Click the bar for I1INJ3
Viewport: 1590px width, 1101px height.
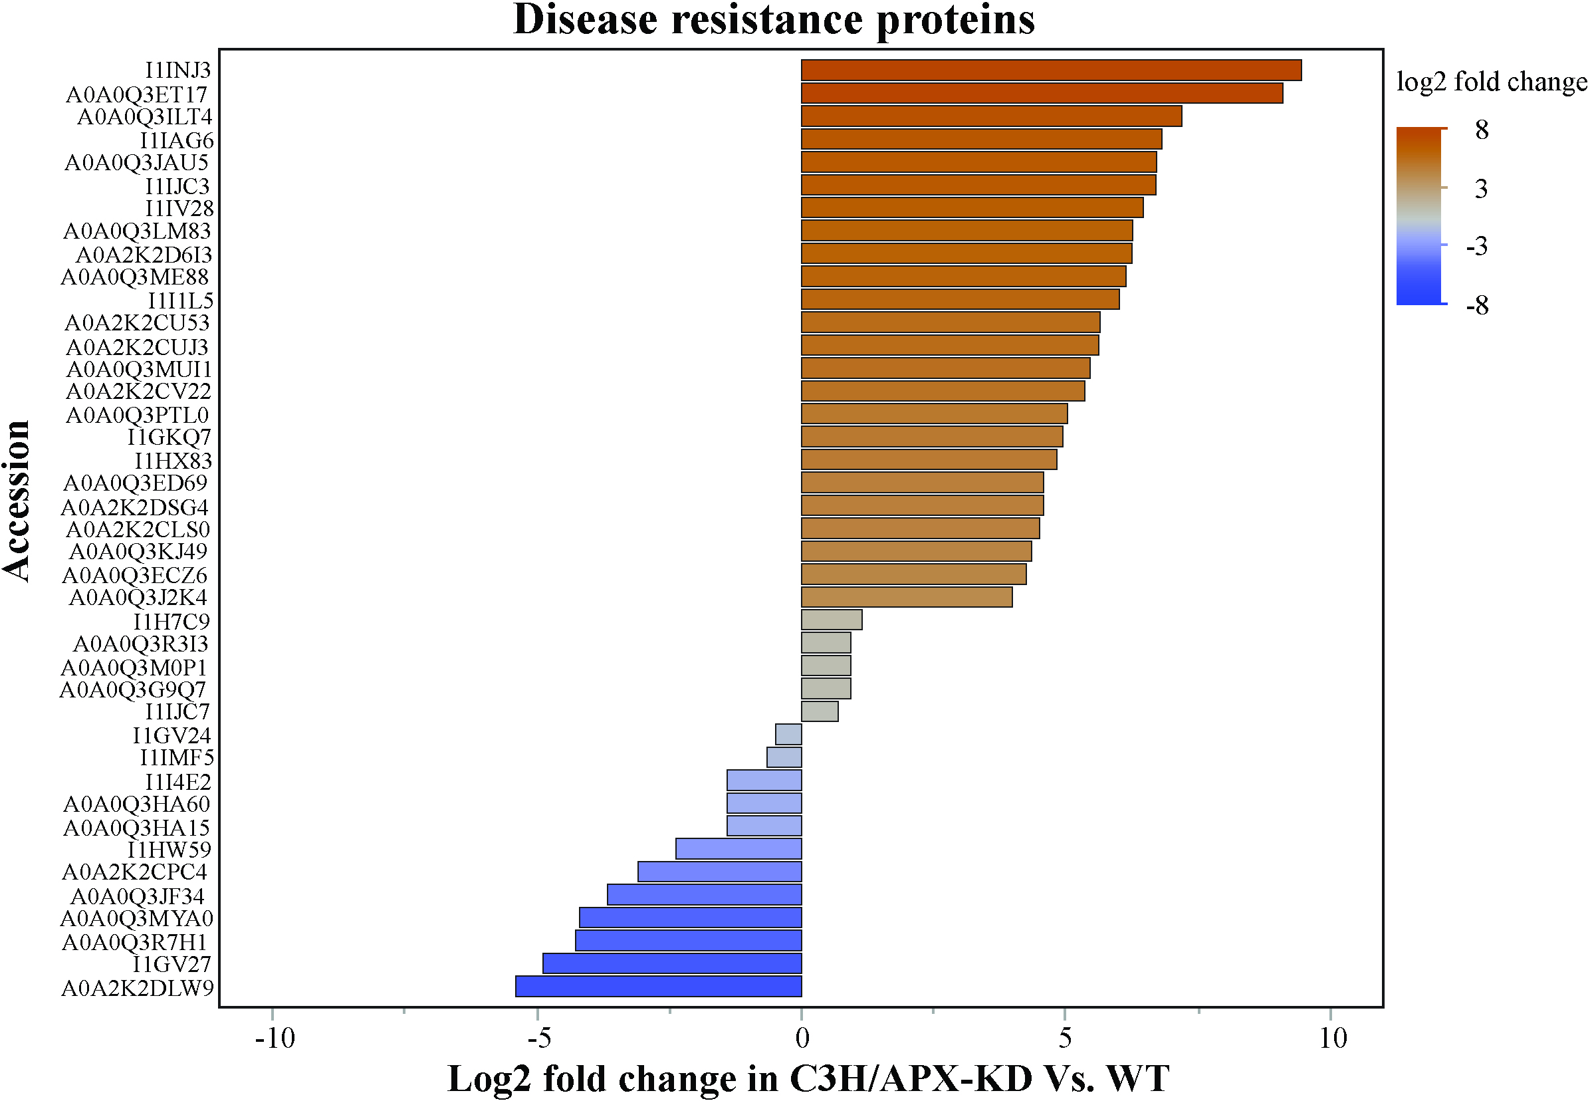coord(1051,70)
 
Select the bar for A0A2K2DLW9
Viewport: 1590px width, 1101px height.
coord(659,987)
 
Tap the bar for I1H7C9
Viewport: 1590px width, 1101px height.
coord(832,620)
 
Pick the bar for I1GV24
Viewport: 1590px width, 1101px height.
coord(789,734)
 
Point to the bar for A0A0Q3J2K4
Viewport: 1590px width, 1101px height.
coord(907,597)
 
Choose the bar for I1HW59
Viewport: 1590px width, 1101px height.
coord(738,848)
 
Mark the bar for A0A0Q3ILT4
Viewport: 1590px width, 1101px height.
coord(992,116)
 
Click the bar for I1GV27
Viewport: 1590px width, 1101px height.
coord(672,963)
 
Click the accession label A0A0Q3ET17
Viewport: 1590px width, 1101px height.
coord(136,94)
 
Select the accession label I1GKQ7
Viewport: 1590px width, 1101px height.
coord(169,437)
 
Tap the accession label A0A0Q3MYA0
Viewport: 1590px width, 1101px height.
coord(136,918)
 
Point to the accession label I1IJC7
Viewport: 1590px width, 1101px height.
coord(177,711)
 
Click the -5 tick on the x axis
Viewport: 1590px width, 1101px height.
coord(537,1013)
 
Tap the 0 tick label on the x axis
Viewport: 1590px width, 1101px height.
coord(802,1038)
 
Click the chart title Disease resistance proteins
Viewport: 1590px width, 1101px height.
coord(774,19)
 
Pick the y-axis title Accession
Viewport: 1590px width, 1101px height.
coord(17,501)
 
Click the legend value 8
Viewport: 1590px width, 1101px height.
coord(1482,129)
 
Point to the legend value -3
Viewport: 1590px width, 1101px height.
coord(1478,245)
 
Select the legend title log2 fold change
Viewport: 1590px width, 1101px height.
coord(1492,82)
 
